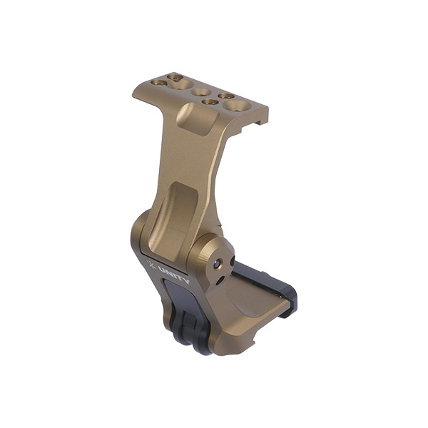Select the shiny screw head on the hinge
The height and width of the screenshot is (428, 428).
pyautogui.click(x=216, y=265)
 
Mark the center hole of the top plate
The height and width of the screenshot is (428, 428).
pyautogui.click(x=201, y=92)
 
